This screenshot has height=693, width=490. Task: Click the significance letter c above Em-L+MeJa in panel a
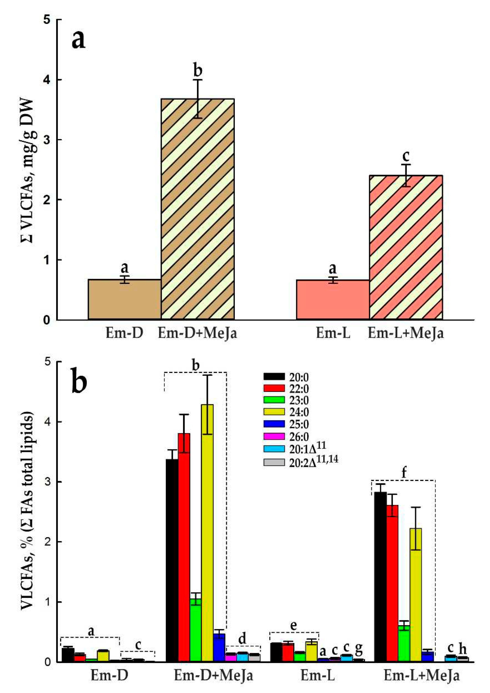(x=406, y=156)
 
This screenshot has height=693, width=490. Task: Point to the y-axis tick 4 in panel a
(x=47, y=80)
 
